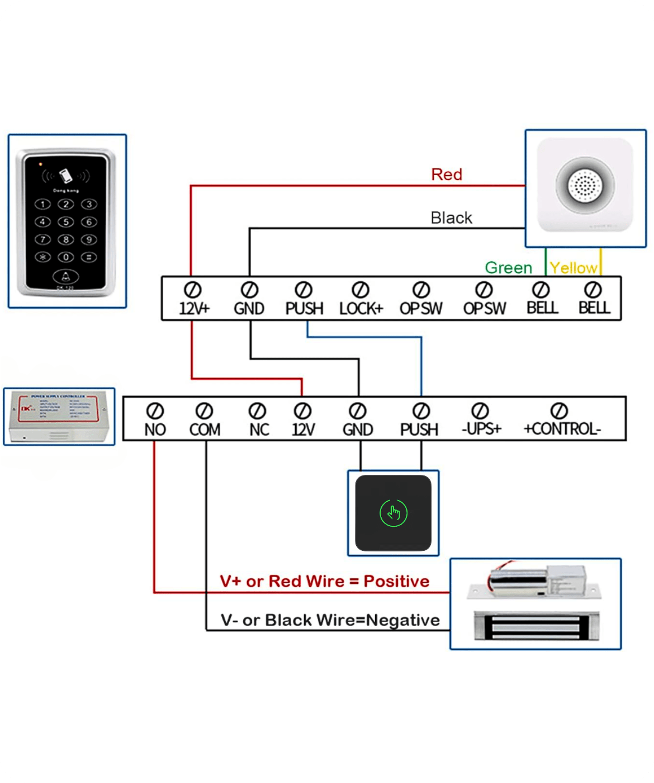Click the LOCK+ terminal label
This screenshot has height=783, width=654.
coord(361,308)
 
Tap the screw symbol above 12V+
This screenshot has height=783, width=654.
coord(193,290)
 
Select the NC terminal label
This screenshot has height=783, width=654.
coord(259,430)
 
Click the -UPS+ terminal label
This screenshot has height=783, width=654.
coord(481,429)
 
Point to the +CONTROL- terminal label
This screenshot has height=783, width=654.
coord(562,429)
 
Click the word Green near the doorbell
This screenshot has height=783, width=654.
coord(508,268)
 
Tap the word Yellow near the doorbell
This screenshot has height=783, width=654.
coord(573,268)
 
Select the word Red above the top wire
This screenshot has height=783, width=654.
coord(447,174)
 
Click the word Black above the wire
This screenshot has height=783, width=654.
coord(451,218)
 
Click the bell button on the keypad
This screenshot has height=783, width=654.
coord(66,276)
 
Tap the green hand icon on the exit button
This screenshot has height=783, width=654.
coord(394,513)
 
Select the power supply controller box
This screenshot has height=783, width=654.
coord(59,417)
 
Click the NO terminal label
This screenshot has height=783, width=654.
coord(155,430)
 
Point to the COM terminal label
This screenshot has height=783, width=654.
coord(205,430)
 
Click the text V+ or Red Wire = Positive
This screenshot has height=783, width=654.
coord(324,581)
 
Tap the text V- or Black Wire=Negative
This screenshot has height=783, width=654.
coord(330,620)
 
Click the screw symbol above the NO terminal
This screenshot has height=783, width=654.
coord(155,411)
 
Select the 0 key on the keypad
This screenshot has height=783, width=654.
coord(66,257)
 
